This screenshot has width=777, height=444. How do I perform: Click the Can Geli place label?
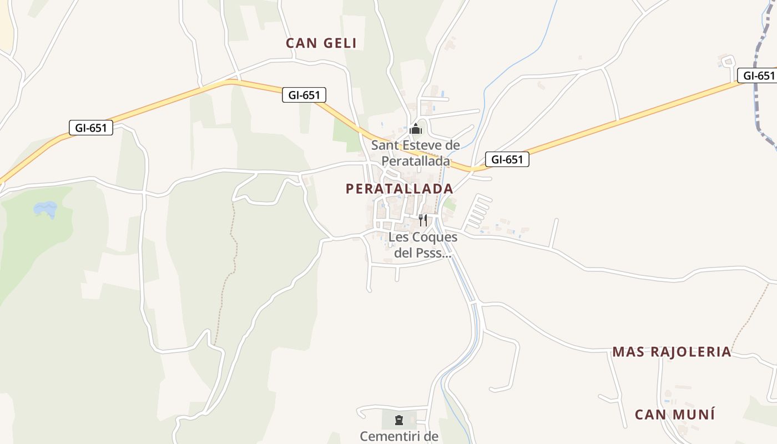(321, 43)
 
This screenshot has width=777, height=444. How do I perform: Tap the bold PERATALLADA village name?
(399, 189)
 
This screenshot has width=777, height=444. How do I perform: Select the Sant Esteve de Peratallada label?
(415, 153)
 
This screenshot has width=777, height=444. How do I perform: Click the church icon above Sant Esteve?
(416, 129)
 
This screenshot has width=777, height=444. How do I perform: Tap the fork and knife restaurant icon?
(423, 220)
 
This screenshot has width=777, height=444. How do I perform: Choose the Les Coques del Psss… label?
(423, 245)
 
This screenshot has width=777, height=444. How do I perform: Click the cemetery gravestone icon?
(398, 420)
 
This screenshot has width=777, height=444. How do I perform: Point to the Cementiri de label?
(399, 436)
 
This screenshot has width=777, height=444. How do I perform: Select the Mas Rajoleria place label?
(672, 352)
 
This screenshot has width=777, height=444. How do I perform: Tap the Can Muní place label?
(674, 415)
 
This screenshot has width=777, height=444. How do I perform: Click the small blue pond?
(46, 209)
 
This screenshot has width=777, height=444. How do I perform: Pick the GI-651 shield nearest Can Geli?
(304, 95)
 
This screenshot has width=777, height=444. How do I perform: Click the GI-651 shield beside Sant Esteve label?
(507, 160)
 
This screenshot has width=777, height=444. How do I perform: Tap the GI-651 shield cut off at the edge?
(757, 75)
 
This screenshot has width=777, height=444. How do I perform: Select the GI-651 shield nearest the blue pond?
(91, 128)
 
